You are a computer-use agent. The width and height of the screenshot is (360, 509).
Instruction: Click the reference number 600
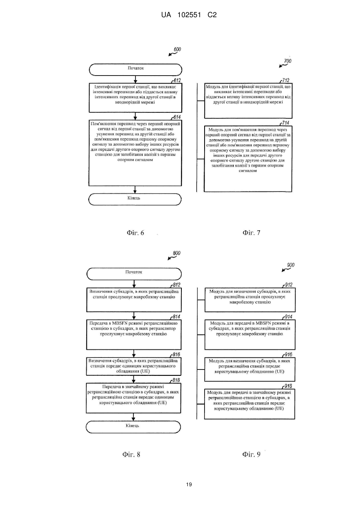(177, 49)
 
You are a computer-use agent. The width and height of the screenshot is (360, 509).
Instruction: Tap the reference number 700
(288, 61)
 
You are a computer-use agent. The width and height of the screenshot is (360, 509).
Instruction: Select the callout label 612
(177, 80)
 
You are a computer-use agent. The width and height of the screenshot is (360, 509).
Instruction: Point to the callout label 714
(286, 123)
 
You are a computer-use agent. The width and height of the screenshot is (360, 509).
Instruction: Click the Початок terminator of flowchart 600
(135, 70)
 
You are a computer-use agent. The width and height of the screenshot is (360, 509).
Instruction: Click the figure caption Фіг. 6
(135, 233)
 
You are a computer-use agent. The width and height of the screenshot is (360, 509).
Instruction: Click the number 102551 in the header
(189, 15)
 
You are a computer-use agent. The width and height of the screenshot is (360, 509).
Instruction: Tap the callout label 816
(177, 355)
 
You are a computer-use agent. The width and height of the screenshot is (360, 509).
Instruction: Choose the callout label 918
(288, 386)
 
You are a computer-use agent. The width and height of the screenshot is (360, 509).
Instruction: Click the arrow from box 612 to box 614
(135, 116)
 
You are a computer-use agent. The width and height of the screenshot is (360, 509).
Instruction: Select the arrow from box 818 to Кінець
(133, 417)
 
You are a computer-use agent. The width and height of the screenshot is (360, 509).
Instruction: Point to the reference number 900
(291, 265)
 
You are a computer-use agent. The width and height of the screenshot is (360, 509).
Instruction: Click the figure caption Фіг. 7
(251, 233)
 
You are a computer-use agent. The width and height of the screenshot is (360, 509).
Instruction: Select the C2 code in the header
(212, 15)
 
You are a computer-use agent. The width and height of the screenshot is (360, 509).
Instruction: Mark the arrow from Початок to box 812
(134, 284)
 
